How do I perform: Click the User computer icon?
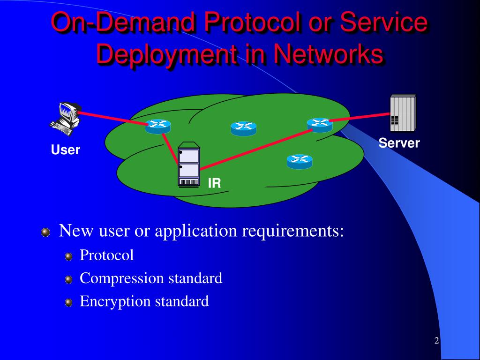coord(66,118)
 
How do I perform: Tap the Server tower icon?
coord(403,113)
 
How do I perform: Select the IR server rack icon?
coord(189,165)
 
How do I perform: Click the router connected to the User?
coord(157,126)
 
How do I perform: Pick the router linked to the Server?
coord(320,125)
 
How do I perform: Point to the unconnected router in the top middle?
coord(243,128)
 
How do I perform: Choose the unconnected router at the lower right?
coord(300,161)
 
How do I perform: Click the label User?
coord(66,150)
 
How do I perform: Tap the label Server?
coord(399,143)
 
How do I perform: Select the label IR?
coord(214,183)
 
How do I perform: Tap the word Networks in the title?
coord(329,54)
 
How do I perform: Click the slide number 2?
coord(436,341)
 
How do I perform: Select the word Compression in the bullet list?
coord(122,278)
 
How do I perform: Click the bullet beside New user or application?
coord(45,232)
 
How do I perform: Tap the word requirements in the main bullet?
coord(293,231)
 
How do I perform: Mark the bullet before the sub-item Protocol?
coord(69,256)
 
